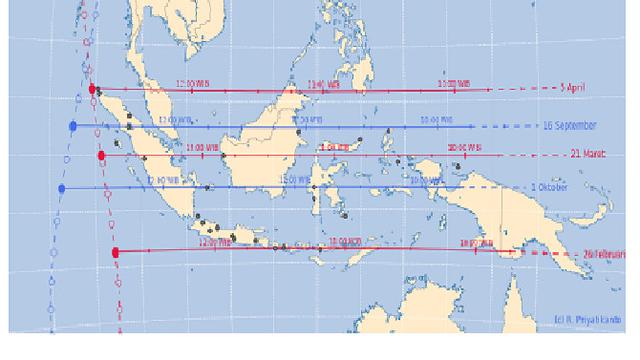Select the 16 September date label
click(x=569, y=126)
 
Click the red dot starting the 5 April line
click(x=92, y=89)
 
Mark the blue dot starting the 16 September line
click(x=73, y=126)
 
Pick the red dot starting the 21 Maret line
click(x=102, y=156)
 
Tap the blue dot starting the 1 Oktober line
click(x=62, y=188)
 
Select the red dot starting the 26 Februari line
click(x=116, y=252)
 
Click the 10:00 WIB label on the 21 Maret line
click(x=463, y=148)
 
